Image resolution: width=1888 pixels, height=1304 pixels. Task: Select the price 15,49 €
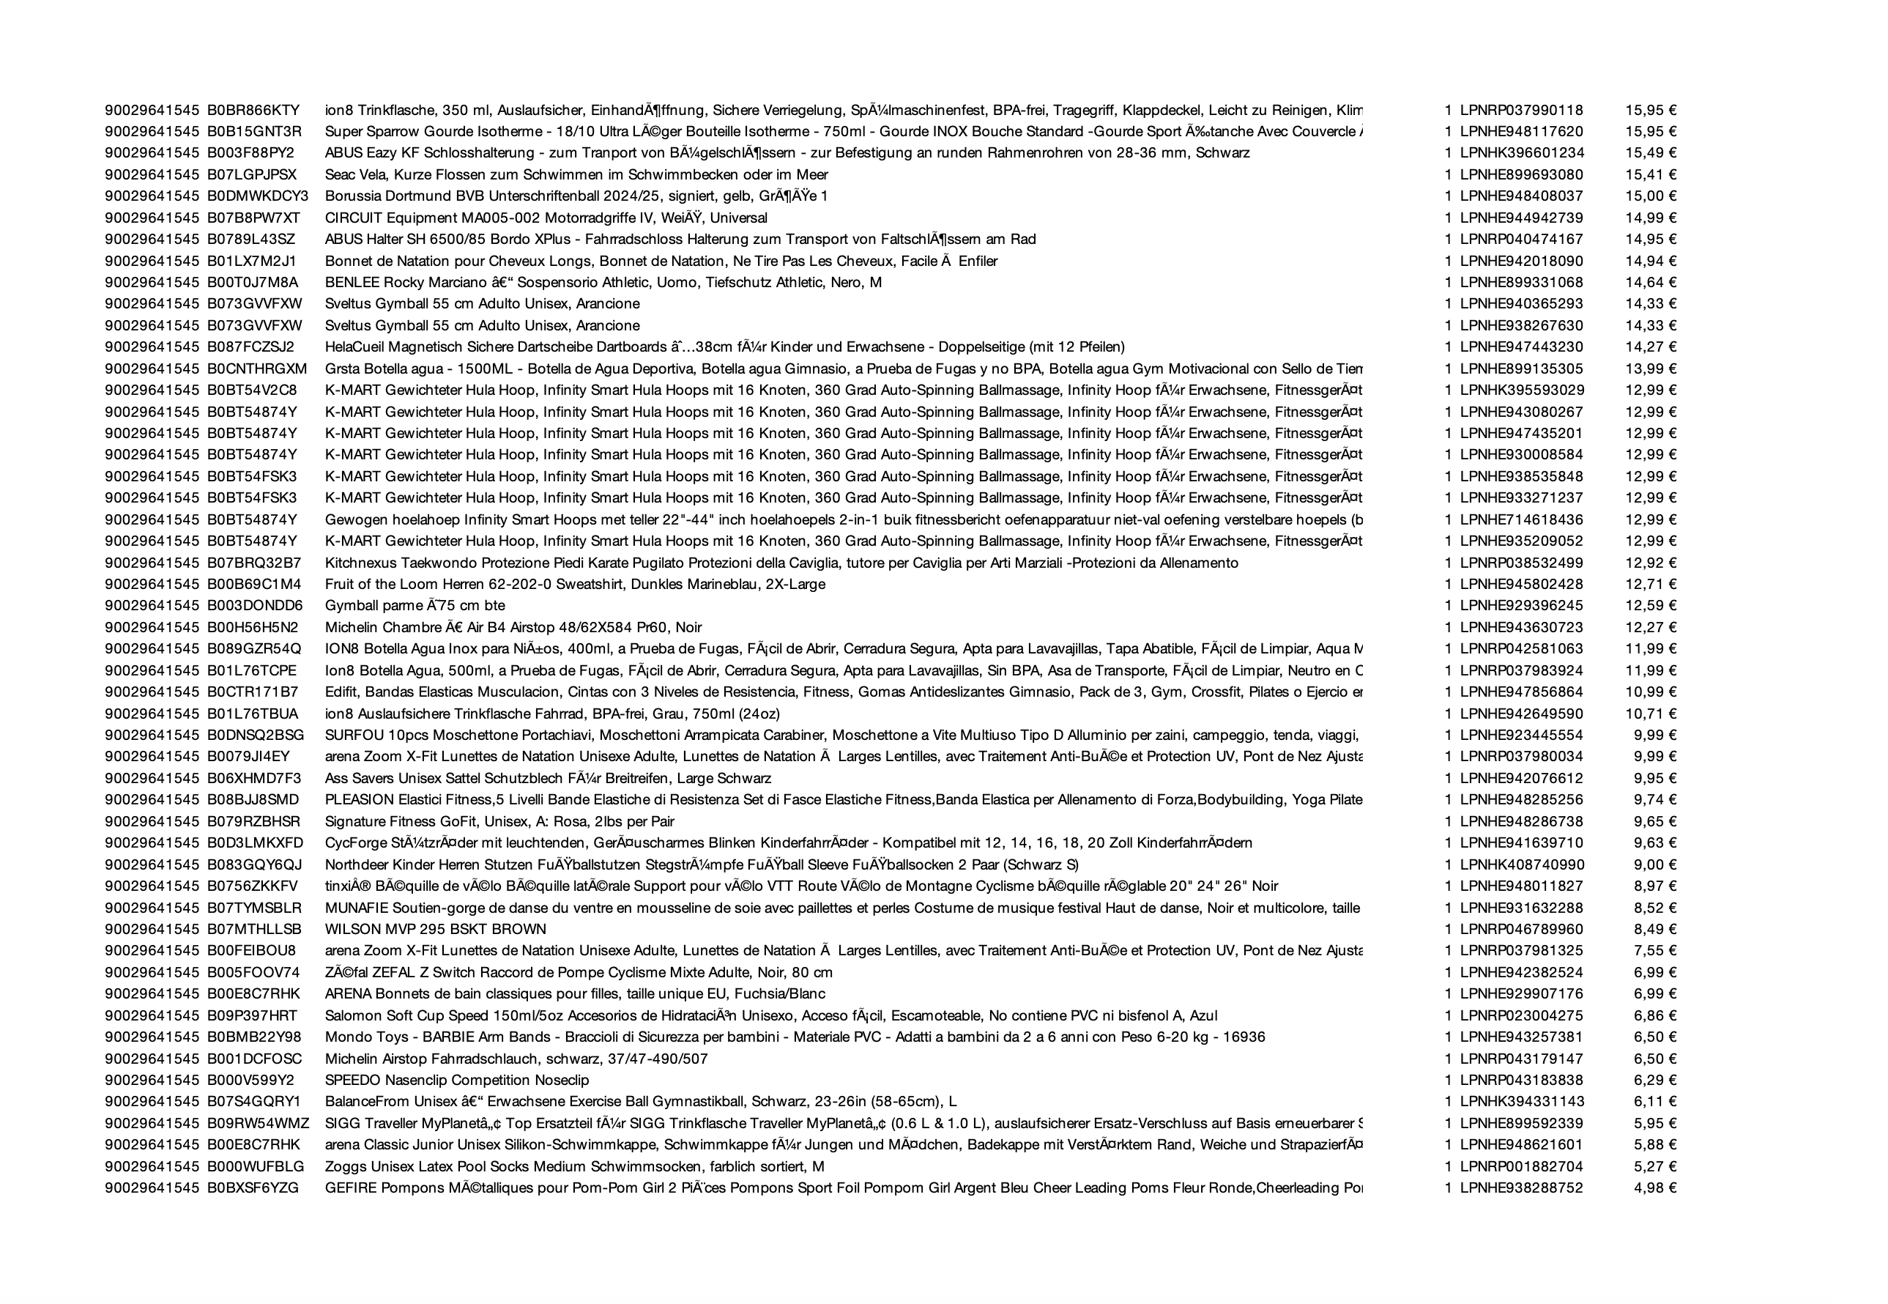tap(1651, 153)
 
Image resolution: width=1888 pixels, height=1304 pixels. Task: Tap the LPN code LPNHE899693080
tap(1521, 175)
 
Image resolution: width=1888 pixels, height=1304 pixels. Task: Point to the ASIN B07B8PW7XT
tap(253, 218)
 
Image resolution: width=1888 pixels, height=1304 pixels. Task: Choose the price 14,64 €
tap(1651, 283)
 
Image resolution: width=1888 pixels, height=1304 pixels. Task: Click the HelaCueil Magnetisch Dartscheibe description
tap(724, 347)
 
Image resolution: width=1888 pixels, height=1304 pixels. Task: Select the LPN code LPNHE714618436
tap(1521, 519)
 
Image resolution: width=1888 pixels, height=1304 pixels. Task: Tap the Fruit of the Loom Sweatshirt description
tap(575, 584)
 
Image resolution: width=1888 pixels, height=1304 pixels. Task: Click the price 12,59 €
tap(1651, 605)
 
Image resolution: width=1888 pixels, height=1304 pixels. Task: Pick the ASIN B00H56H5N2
tap(253, 628)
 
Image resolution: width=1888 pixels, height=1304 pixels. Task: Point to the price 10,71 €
tap(1651, 714)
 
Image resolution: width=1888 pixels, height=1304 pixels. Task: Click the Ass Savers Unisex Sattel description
tap(548, 779)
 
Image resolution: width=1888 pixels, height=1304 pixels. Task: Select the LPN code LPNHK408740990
tap(1522, 864)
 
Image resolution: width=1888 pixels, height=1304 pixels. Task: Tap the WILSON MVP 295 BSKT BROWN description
tap(435, 929)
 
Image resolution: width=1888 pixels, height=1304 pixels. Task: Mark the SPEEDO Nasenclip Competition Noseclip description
tap(456, 1080)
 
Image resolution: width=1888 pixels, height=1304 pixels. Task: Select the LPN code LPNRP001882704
tap(1521, 1167)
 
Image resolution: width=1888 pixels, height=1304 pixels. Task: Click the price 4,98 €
tap(1654, 1188)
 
